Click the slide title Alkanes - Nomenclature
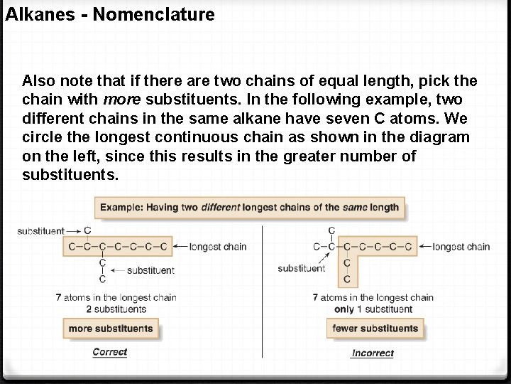[x=110, y=14]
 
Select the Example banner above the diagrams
[x=249, y=208]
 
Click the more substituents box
[x=111, y=329]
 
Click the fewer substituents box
[x=375, y=329]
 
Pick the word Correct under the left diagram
[x=110, y=352]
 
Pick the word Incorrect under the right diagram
[x=373, y=353]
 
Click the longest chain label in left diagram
[x=219, y=247]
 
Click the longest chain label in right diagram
[x=461, y=247]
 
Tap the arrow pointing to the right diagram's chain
[x=424, y=247]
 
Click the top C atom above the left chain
[x=87, y=230]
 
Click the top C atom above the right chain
[x=331, y=230]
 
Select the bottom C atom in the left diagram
[x=103, y=279]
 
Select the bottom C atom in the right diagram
[x=346, y=279]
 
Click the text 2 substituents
[x=116, y=309]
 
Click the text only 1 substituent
[x=373, y=309]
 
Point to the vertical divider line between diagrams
[x=263, y=292]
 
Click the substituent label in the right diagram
[x=302, y=268]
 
